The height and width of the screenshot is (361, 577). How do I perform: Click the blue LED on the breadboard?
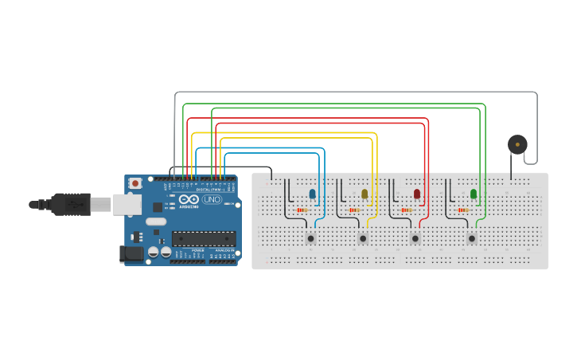point(312,194)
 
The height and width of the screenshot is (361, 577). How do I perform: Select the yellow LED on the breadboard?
point(365,194)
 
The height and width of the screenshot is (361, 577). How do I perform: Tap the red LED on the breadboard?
point(417,194)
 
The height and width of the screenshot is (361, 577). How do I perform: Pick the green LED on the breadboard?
point(474,194)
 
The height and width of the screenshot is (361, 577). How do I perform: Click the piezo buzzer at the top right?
point(517,144)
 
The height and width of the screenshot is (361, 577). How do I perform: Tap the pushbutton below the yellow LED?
point(363,238)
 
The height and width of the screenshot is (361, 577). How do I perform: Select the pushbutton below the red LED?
point(415,238)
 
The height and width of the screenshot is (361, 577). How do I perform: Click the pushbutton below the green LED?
point(472,238)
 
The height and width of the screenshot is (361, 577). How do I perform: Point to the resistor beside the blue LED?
point(302,210)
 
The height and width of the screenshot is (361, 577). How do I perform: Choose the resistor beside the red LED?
point(407,210)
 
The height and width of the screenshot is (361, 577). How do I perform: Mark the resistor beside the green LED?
point(463,210)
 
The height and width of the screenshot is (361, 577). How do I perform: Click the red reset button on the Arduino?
point(135,183)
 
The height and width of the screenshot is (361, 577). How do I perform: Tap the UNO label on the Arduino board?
point(212,200)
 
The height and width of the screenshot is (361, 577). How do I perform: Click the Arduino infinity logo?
point(187,199)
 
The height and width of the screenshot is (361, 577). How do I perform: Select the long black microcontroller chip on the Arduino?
point(204,237)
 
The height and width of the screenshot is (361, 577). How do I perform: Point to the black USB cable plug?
point(72,204)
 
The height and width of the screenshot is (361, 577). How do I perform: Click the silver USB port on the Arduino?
point(126,204)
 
